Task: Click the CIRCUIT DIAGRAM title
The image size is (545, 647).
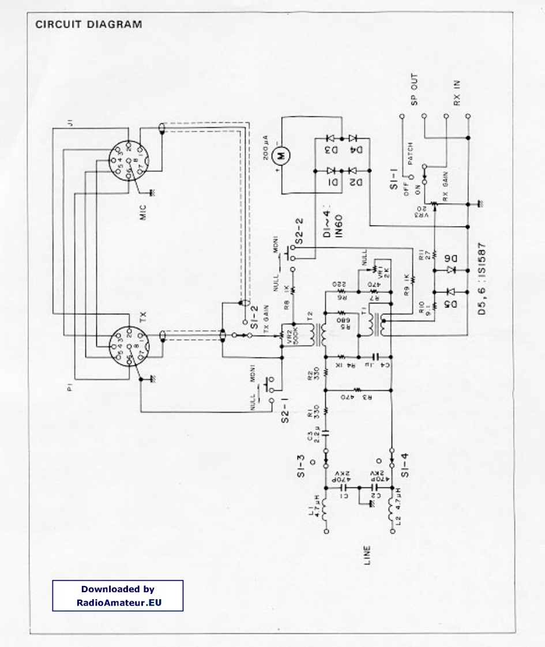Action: click(x=88, y=25)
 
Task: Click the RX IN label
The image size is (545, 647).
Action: click(x=457, y=92)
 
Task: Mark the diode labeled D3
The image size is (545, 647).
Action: click(x=331, y=151)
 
